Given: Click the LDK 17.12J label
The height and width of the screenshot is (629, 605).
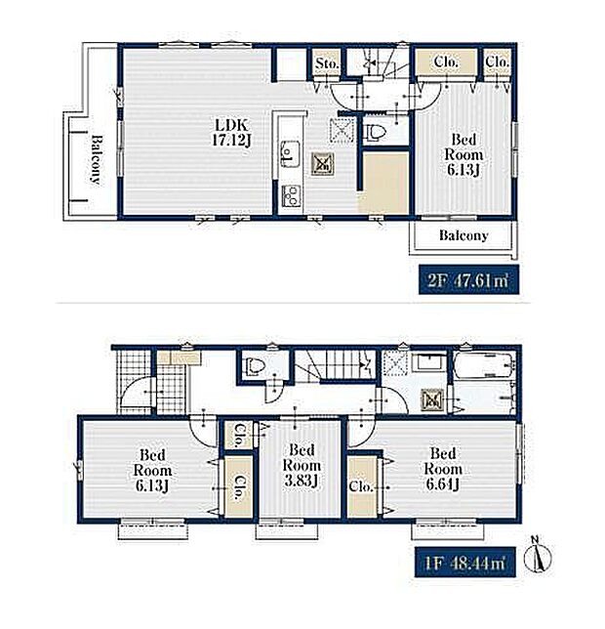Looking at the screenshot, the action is click(231, 133).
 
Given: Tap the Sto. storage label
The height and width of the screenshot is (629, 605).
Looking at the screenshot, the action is click(327, 63).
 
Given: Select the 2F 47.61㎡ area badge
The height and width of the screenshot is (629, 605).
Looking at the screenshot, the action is click(468, 279).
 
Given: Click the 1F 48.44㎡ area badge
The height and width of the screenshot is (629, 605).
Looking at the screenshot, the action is click(464, 562).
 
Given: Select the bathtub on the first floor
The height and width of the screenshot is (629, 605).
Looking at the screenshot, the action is click(484, 365).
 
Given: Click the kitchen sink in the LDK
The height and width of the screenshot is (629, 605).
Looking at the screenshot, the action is click(290, 153).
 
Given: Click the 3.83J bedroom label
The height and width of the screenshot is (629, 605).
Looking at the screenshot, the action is click(302, 465).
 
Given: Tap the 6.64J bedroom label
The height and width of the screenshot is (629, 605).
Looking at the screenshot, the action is click(443, 469).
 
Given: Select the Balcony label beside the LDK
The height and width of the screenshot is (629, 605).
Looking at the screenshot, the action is click(97, 159).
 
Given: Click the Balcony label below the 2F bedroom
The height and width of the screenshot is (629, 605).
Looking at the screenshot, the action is click(464, 235).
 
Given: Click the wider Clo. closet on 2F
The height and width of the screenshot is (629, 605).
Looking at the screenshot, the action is click(446, 62).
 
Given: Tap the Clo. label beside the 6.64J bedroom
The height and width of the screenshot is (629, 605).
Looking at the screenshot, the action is click(361, 486).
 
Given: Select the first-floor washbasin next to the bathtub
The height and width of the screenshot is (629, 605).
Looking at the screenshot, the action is click(430, 364).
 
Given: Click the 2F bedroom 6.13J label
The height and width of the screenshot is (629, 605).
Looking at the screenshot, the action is click(464, 155).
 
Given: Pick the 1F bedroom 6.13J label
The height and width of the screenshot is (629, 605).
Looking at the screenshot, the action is click(152, 471).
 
